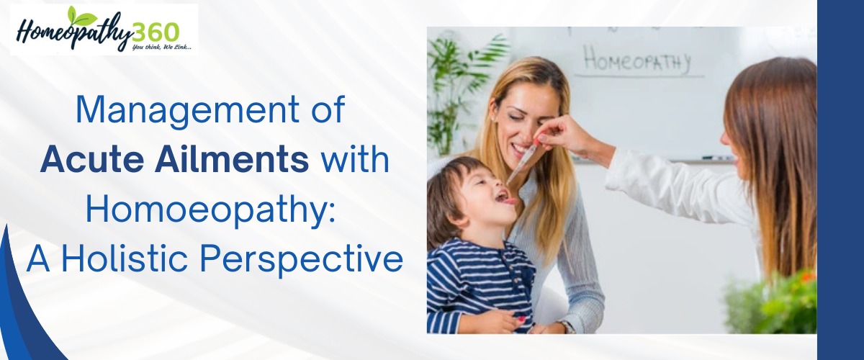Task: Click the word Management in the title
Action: [x=187, y=111]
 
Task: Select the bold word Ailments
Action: [x=232, y=159]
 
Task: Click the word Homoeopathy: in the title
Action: [x=210, y=210]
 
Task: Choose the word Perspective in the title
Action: [x=301, y=261]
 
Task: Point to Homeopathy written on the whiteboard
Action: [x=636, y=60]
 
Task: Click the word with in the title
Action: [x=355, y=159]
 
